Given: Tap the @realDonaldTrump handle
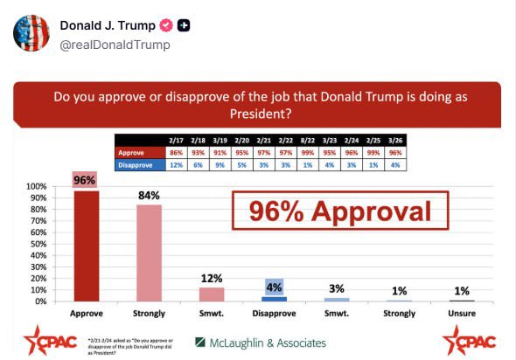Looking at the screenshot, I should pos(115,45).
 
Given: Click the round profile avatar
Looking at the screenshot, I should pos(31,33).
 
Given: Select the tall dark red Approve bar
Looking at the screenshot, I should pos(85,246).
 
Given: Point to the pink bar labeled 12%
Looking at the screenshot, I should pos(211,294).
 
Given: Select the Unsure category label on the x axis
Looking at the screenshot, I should pos(462,312).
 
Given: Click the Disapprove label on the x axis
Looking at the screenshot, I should pos(274,312).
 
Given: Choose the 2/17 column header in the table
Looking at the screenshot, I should pos(177,140).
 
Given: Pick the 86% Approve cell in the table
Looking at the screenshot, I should pos(177,151).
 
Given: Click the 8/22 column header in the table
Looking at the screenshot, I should pos(307,140).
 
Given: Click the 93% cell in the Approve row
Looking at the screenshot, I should pos(199,151).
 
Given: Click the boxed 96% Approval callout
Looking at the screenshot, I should pos(340,211).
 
